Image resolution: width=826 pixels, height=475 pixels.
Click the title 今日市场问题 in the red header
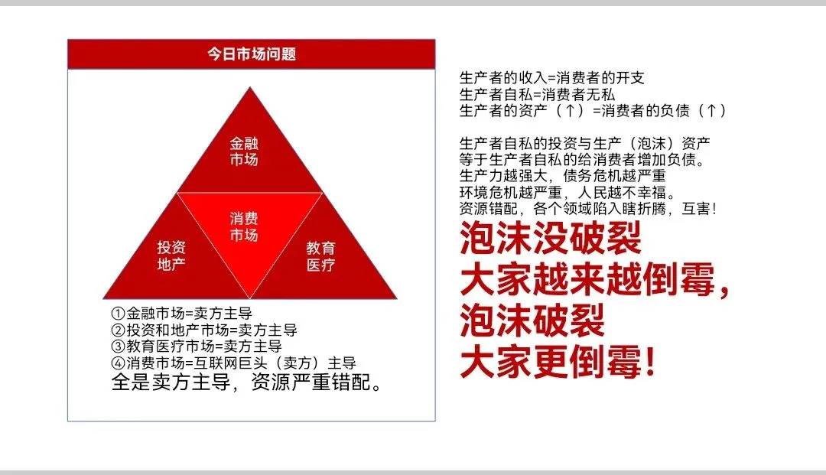point(252,54)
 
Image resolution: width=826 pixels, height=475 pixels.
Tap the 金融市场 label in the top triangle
point(244,151)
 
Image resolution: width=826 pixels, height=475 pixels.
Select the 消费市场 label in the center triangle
point(244,227)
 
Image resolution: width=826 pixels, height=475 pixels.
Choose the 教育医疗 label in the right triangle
point(320,256)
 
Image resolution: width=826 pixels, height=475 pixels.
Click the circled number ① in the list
point(118,314)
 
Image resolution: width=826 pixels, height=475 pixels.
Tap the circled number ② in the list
point(118,330)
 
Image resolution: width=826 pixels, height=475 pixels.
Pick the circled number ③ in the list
point(118,346)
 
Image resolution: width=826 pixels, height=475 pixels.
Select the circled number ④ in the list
point(118,363)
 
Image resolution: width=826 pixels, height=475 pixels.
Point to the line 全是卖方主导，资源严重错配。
point(246,382)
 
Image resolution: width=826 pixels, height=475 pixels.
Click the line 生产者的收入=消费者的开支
point(551,78)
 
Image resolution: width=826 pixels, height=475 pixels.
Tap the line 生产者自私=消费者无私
point(537,94)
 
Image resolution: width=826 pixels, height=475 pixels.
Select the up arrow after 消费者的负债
point(711,111)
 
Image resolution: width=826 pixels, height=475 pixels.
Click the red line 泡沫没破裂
point(550,240)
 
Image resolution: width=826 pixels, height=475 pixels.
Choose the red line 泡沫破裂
point(532,322)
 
